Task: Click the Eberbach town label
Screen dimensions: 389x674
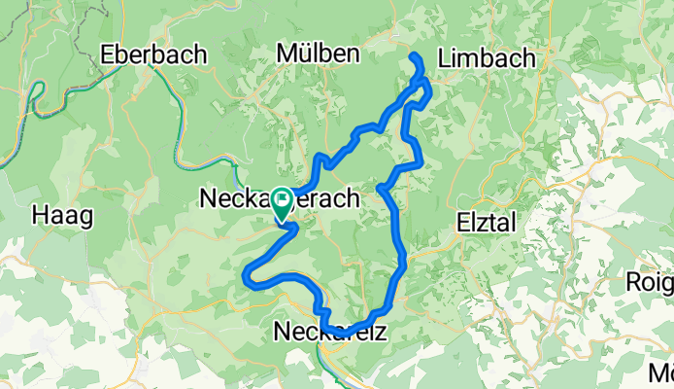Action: click(153, 54)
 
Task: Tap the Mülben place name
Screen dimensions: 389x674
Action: click(318, 53)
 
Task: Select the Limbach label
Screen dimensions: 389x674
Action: click(487, 57)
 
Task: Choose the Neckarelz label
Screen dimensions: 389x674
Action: click(332, 332)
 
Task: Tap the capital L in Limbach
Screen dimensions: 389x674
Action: click(445, 57)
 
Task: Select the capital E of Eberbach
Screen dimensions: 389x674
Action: click(108, 54)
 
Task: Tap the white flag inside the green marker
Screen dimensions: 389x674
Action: click(282, 199)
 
